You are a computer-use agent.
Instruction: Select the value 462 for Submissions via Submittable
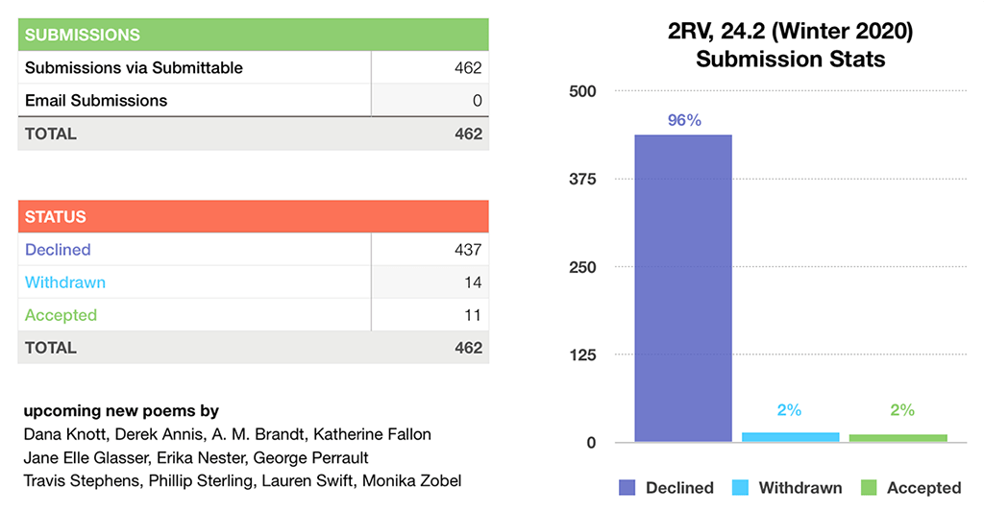(x=468, y=68)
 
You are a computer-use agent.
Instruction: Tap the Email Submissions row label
(x=96, y=101)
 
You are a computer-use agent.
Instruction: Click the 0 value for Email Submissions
(x=477, y=101)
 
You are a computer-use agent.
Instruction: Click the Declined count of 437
(x=468, y=250)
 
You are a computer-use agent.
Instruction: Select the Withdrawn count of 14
(x=472, y=282)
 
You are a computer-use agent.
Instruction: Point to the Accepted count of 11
(x=472, y=315)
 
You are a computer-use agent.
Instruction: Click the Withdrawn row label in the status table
(x=65, y=282)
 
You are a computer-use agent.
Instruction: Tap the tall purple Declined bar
(x=683, y=288)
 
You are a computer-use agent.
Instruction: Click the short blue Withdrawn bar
(x=790, y=437)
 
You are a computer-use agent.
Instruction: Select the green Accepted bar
(x=898, y=438)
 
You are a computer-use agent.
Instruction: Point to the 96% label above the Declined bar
(x=684, y=121)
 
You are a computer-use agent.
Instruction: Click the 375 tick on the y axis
(x=582, y=180)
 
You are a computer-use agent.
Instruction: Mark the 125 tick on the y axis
(x=582, y=355)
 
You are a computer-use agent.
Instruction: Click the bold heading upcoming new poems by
(x=121, y=411)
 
